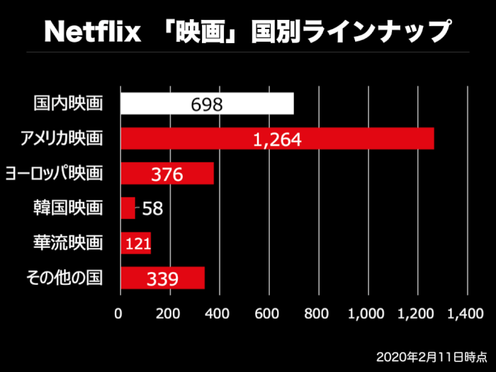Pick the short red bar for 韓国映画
tap(128, 208)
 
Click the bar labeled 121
tap(136, 244)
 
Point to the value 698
tap(207, 105)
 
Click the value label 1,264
tap(277, 140)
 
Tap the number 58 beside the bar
tap(153, 208)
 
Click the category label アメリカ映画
tap(62, 139)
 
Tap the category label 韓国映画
tap(69, 208)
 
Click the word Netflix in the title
tap(92, 31)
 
